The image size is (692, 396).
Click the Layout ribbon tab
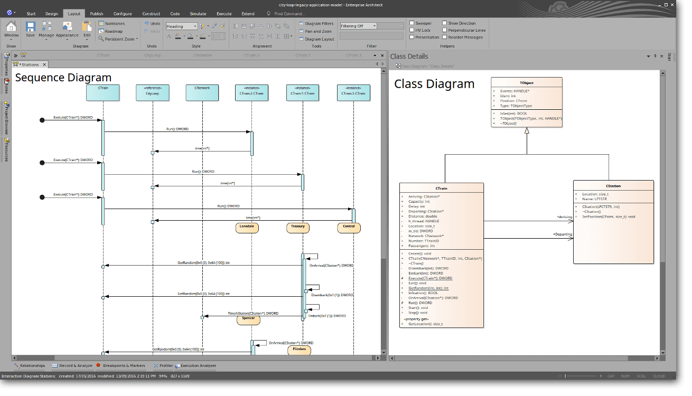tap(74, 14)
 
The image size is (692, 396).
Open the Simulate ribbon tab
tap(198, 14)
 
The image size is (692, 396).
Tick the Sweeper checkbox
tap(412, 23)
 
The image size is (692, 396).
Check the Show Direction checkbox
tap(444, 23)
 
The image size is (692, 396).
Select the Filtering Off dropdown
tap(358, 26)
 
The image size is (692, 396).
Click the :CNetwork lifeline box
tap(202, 92)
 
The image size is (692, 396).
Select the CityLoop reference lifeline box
tap(152, 92)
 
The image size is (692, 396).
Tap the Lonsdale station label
tap(247, 228)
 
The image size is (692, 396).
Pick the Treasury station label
tap(298, 228)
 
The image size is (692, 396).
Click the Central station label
tap(349, 228)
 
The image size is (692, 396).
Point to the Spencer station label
tap(248, 319)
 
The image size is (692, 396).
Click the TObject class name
tap(526, 83)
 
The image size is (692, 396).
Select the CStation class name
tap(613, 186)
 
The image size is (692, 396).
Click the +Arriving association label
tap(564, 217)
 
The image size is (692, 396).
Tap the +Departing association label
tap(562, 234)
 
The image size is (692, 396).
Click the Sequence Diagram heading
tap(63, 78)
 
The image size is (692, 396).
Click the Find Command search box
tap(289, 14)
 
